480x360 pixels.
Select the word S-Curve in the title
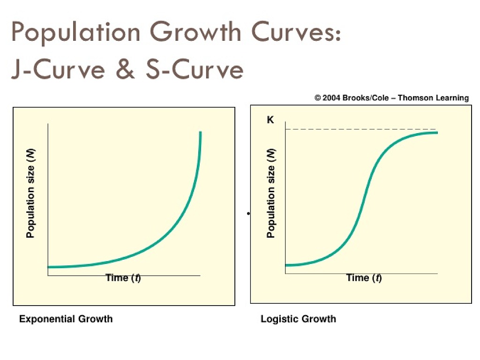(x=195, y=70)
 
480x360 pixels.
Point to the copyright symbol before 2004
(x=318, y=98)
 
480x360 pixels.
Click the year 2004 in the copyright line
(x=331, y=98)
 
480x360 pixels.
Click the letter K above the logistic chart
(x=270, y=120)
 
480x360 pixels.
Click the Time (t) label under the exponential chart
(x=123, y=278)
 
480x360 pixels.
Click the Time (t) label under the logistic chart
(x=364, y=278)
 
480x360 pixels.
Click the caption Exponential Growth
(x=66, y=319)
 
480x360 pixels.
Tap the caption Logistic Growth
(x=298, y=319)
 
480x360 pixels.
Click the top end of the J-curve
(x=200, y=133)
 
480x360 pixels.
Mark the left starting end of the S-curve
(x=286, y=265)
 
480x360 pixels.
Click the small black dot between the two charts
(x=247, y=214)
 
